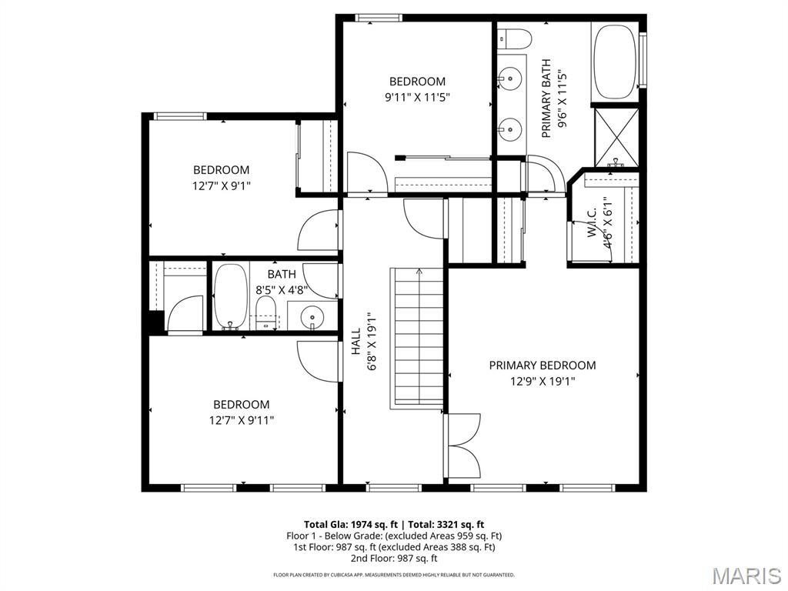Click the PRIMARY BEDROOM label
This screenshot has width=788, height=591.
tap(542, 366)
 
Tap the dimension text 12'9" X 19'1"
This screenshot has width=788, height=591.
tap(542, 381)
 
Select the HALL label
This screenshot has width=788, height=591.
tap(356, 342)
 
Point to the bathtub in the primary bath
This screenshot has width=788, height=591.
tap(614, 62)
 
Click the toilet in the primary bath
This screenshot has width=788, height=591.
tap(513, 38)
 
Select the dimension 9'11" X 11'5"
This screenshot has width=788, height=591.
tap(416, 97)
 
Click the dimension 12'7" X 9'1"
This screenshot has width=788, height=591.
tap(221, 185)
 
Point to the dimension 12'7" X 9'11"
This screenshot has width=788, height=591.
tap(241, 420)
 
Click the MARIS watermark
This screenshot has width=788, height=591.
tap(747, 576)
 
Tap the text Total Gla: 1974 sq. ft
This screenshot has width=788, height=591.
tap(350, 524)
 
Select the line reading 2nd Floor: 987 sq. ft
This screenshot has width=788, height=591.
tap(394, 559)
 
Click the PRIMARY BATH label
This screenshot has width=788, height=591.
tap(546, 98)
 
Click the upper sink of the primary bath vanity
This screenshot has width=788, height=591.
tap(509, 77)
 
